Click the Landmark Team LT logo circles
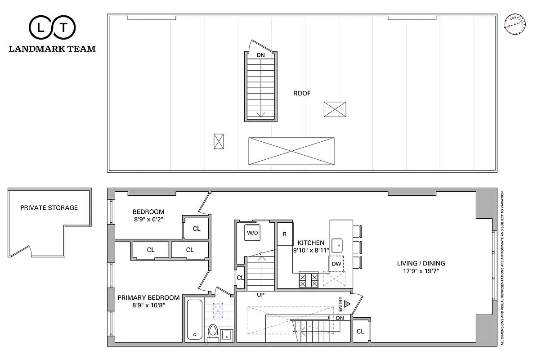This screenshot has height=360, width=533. [x=52, y=28]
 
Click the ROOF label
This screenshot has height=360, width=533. [x=302, y=93]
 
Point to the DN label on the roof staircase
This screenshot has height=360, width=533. [x=260, y=55]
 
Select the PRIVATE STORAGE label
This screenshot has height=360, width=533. [x=49, y=208]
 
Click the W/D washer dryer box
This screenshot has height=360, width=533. [x=251, y=233]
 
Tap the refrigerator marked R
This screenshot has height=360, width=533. [x=285, y=234]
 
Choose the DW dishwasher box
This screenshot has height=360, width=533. [x=336, y=264]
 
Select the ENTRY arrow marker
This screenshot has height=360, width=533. [x=346, y=304]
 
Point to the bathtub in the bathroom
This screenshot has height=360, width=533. [x=194, y=319]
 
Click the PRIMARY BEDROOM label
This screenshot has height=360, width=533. [x=148, y=297]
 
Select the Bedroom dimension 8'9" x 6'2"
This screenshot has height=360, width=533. [x=148, y=220]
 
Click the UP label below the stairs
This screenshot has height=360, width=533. [x=260, y=295]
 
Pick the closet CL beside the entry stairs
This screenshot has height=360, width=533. [x=361, y=332]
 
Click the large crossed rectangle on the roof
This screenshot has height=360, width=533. [x=291, y=151]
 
